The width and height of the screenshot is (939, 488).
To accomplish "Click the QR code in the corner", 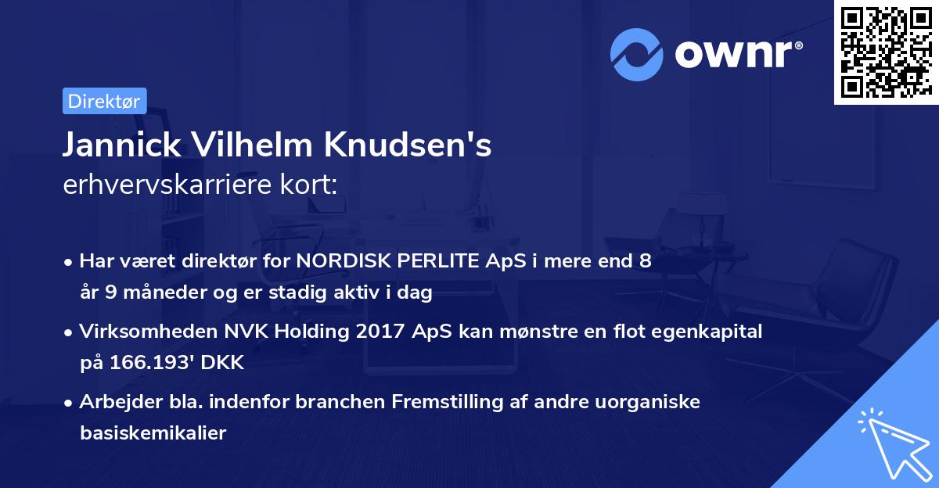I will pos(886,52).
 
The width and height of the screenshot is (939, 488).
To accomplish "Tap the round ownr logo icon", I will pos(635,54).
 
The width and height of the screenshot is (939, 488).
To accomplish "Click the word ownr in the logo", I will pos(736,54).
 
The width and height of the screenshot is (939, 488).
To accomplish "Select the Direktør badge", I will pos(104,101).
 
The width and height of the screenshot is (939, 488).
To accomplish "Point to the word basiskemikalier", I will pos(153,433).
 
